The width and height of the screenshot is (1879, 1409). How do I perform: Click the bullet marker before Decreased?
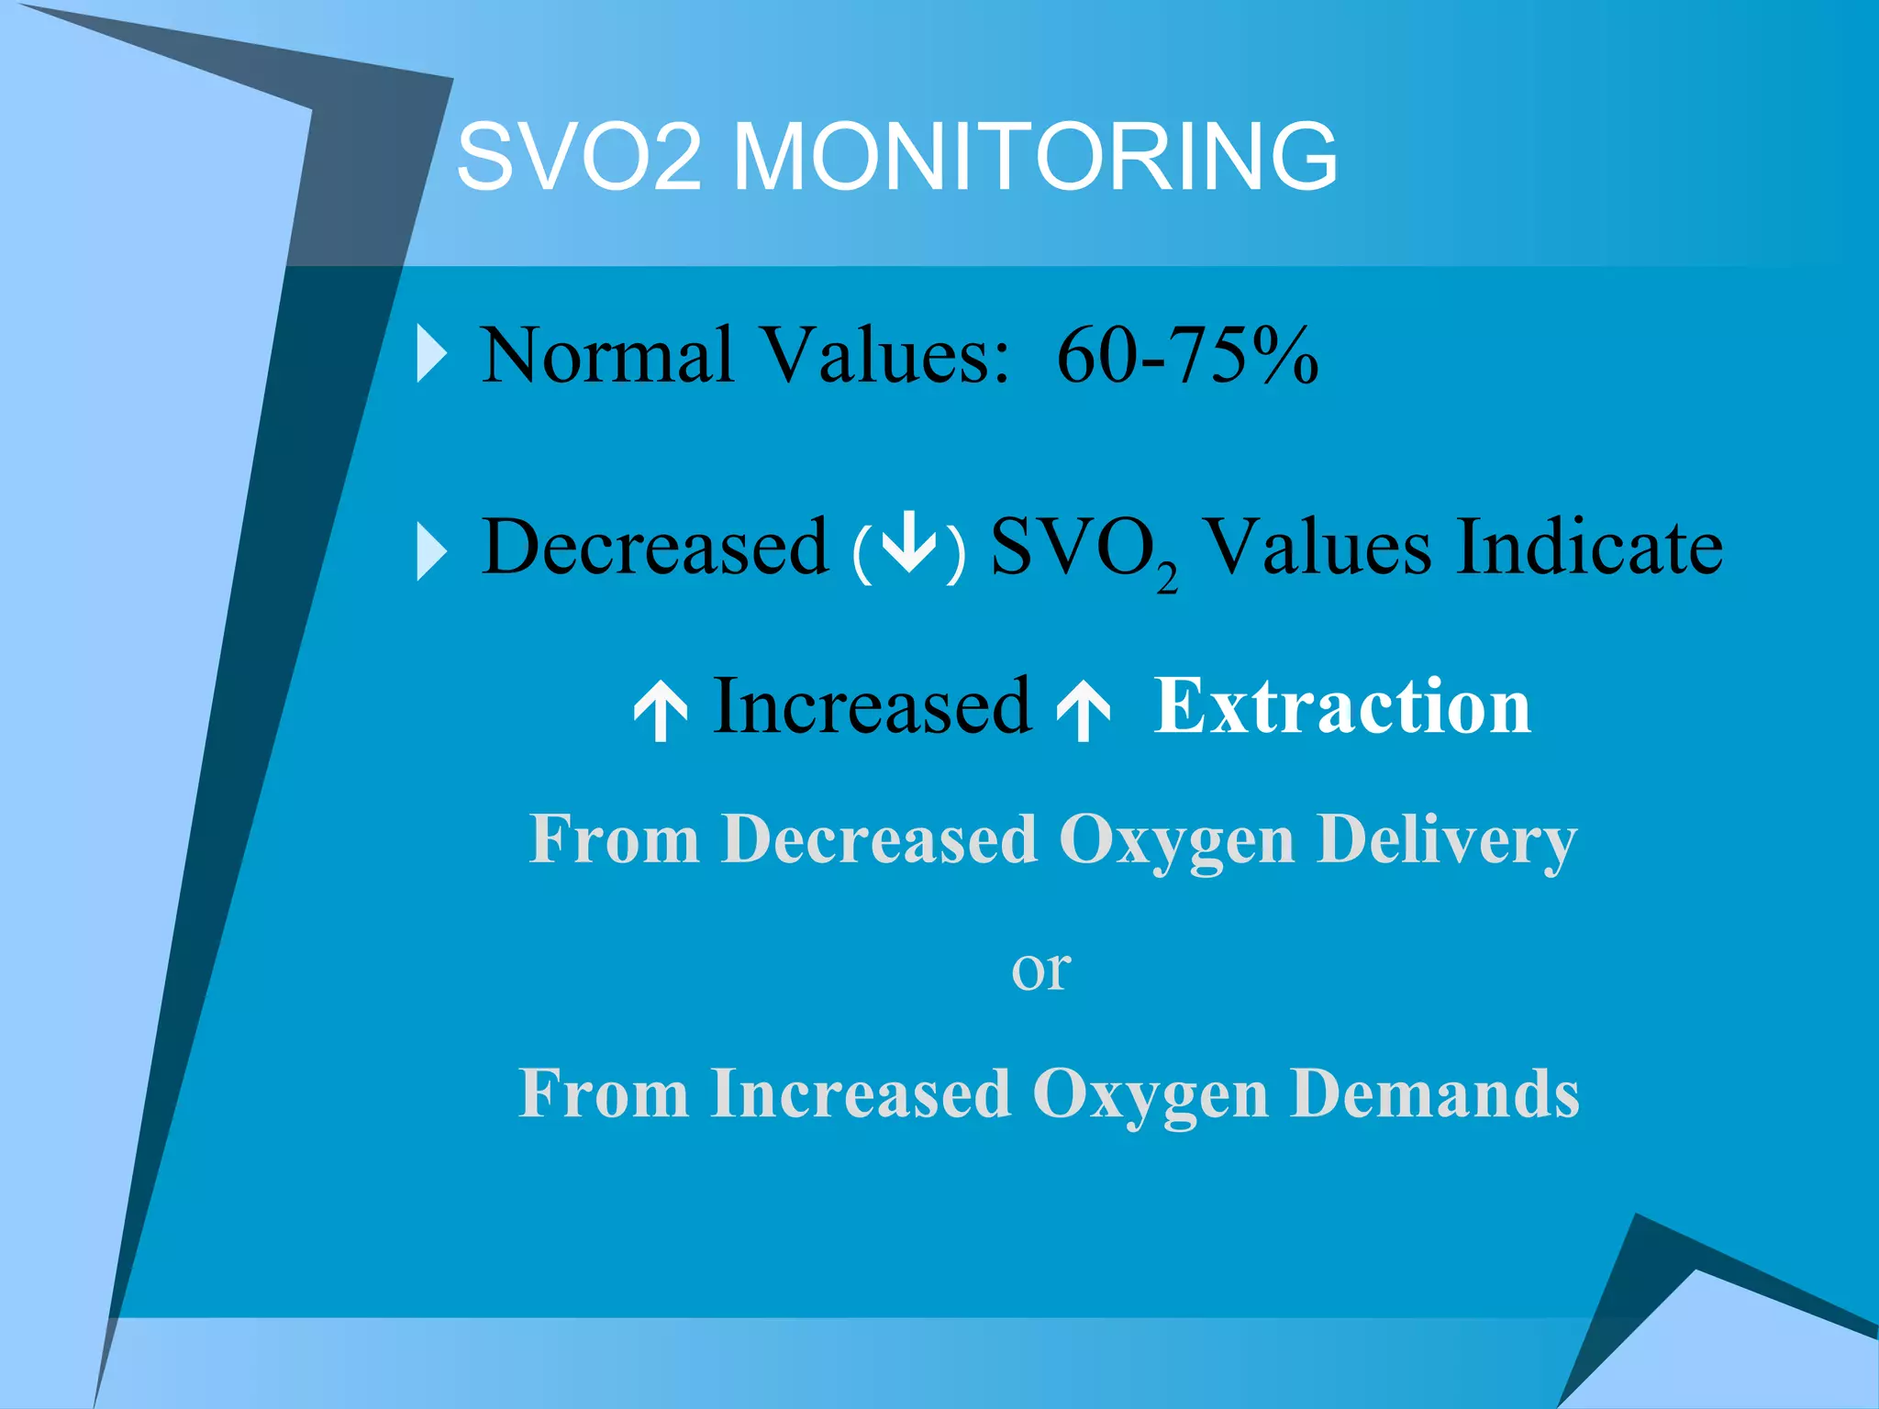(431, 550)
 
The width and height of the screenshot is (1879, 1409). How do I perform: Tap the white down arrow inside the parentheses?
(908, 543)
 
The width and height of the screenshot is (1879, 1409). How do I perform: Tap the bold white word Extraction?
(1342, 705)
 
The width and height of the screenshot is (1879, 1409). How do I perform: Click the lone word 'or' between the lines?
(1040, 970)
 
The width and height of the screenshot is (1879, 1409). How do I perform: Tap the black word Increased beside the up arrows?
(872, 705)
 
